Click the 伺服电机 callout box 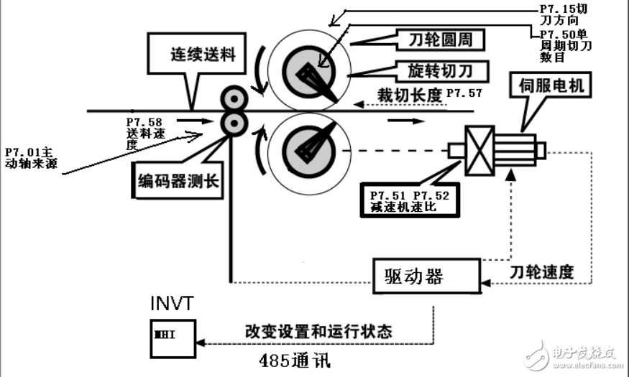click(551, 87)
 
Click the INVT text click(171, 303)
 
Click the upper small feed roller click(234, 99)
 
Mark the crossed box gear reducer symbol click(479, 150)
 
